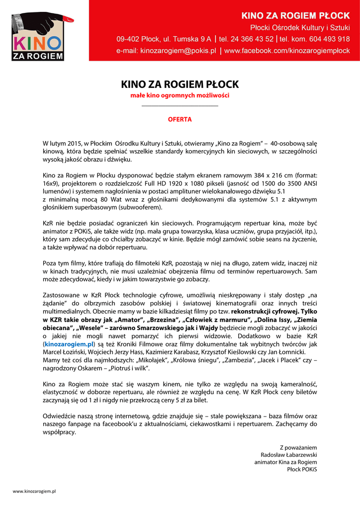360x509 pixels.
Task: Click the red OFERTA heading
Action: [180, 119]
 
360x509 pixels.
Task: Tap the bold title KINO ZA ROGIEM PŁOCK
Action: [180, 85]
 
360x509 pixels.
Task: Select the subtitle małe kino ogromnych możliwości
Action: [180, 95]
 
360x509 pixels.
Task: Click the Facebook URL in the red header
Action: [287, 51]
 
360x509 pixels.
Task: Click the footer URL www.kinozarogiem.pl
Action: [34, 491]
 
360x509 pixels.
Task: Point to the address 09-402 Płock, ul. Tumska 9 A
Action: [164, 39]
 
